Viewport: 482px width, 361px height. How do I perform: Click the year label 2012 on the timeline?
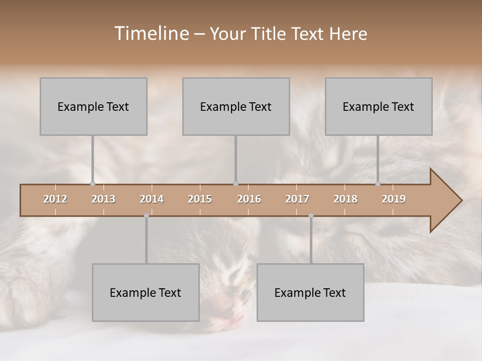click(x=55, y=199)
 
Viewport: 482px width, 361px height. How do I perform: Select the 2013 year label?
click(x=103, y=199)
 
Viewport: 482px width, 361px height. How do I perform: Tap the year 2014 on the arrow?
click(x=152, y=199)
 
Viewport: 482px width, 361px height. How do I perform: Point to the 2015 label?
click(x=200, y=199)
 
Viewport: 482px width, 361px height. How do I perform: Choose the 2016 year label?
click(x=249, y=199)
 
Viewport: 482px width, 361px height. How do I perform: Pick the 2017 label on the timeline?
click(x=297, y=199)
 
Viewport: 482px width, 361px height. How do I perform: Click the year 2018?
click(x=345, y=199)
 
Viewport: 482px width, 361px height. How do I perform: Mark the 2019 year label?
click(x=394, y=199)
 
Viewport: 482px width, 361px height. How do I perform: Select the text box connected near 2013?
click(x=93, y=107)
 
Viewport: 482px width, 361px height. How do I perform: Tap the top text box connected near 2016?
click(x=236, y=107)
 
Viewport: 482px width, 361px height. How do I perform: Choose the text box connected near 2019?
click(x=379, y=107)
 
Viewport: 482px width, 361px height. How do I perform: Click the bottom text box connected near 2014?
click(x=146, y=293)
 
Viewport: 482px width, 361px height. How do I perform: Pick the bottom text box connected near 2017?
click(x=310, y=293)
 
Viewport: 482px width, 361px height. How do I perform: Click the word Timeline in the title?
click(x=151, y=34)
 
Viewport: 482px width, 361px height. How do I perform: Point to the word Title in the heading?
click(x=271, y=34)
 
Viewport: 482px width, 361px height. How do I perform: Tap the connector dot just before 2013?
click(x=92, y=184)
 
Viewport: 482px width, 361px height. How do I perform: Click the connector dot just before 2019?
click(x=378, y=184)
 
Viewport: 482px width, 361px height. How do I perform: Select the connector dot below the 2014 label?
click(x=146, y=216)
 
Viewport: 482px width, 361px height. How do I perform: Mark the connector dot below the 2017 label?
click(x=311, y=216)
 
